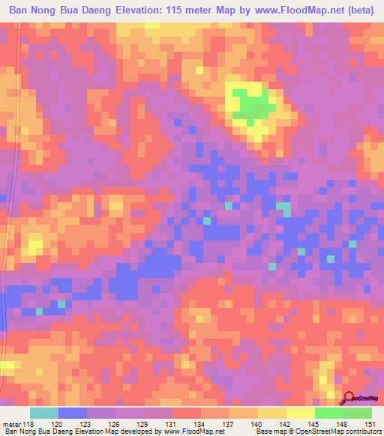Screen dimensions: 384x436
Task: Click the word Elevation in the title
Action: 145,10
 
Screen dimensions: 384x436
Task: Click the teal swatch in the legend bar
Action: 44,414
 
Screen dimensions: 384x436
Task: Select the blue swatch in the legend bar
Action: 73,414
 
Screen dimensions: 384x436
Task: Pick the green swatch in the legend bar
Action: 328,414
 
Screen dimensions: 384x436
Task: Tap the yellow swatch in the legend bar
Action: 300,414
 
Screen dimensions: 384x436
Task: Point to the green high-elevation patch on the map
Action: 247,104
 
